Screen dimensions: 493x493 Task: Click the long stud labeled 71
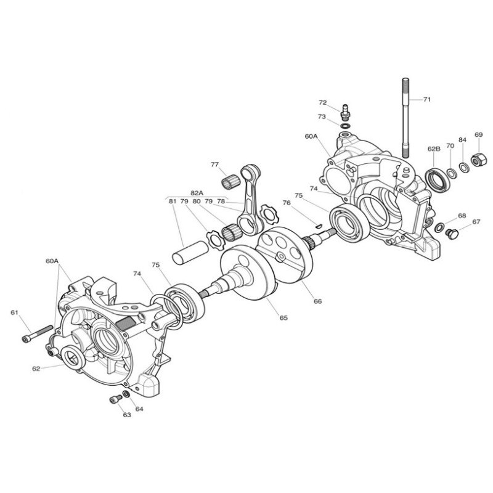click(x=405, y=118)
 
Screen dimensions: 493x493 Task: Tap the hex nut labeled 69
click(x=476, y=160)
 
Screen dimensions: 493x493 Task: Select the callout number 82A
click(x=197, y=193)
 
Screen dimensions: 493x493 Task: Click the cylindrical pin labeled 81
click(x=190, y=252)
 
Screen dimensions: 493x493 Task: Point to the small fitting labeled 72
click(x=346, y=113)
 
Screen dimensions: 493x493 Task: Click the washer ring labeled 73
click(x=346, y=126)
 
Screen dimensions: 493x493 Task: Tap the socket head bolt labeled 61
click(x=37, y=334)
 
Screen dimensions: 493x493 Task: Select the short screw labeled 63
click(x=116, y=399)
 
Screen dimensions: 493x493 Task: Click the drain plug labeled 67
click(x=452, y=234)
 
